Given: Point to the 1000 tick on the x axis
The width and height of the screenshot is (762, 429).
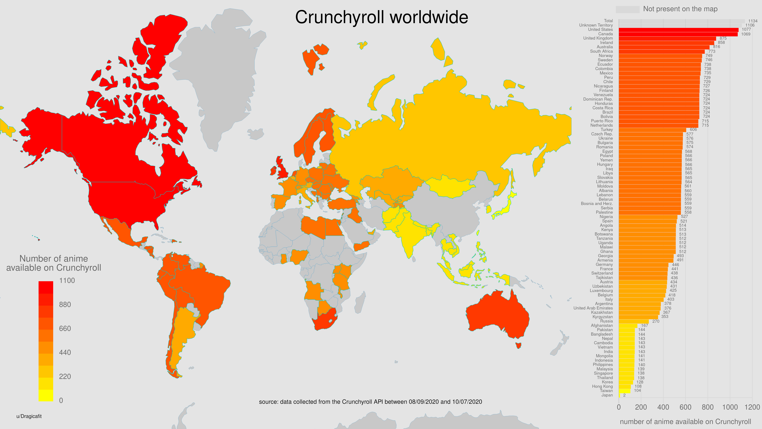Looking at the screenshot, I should (730, 407).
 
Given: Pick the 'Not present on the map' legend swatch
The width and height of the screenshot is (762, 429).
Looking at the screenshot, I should (627, 9).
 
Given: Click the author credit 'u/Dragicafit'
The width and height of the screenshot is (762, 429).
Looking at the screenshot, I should (29, 416).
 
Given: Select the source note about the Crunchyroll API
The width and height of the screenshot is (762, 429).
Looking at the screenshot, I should (370, 402).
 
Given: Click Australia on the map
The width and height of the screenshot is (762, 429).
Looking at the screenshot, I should (497, 314).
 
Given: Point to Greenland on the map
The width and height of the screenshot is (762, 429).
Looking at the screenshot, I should (219, 74).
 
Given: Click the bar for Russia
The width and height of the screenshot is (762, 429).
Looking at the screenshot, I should (634, 321).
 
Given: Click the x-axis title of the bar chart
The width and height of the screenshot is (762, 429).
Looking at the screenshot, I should (685, 422).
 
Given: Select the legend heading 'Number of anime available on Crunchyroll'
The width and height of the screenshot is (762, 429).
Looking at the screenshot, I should (54, 263).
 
